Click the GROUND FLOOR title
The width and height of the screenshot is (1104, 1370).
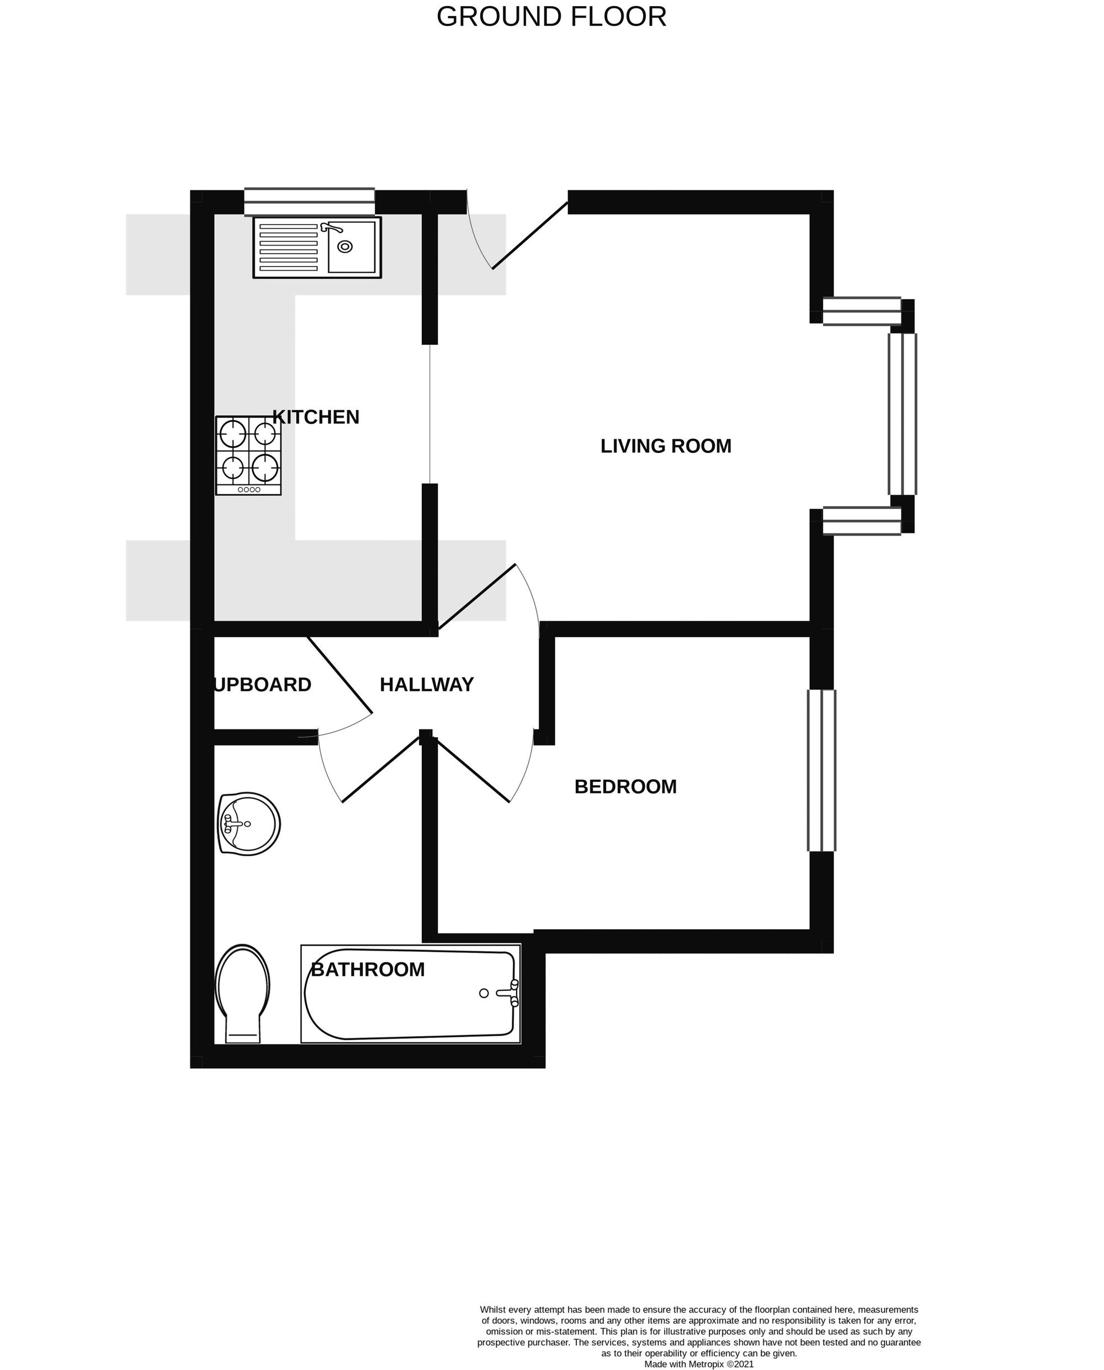[551, 17]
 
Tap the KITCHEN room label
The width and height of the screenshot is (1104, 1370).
[316, 417]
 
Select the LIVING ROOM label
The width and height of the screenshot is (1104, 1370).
[666, 446]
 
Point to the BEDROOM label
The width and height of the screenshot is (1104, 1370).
[626, 787]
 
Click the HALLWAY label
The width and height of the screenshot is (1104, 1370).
[427, 685]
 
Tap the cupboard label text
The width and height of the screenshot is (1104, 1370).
[263, 685]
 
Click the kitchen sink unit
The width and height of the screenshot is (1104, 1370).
[317, 247]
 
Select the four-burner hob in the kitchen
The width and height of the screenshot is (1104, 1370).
[248, 455]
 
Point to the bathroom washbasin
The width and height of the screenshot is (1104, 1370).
[248, 824]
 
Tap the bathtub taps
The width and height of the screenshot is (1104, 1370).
[514, 993]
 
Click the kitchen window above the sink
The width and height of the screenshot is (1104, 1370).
[310, 201]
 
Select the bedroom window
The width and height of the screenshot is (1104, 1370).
[821, 770]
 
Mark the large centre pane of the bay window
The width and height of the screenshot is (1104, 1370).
[903, 414]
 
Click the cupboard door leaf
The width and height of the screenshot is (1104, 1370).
[340, 674]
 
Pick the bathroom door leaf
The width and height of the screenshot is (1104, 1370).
[381, 770]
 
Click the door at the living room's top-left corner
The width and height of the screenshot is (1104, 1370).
[530, 235]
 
